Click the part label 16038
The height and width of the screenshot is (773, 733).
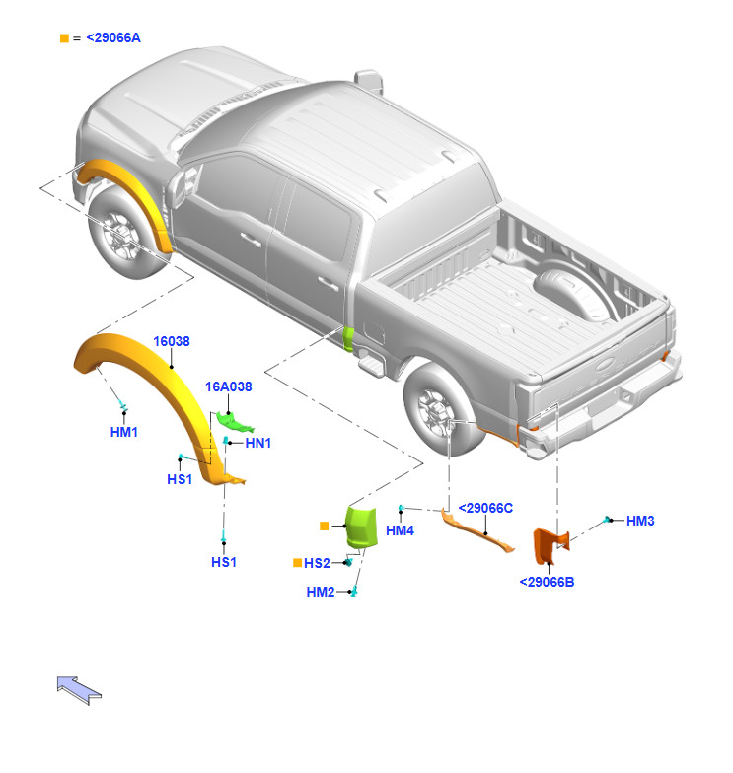point(172,341)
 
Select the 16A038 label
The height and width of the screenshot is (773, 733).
point(229,386)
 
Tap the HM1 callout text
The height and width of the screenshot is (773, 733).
point(124,432)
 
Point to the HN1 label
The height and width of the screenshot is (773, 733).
point(258,443)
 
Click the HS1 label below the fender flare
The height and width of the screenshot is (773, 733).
point(224,562)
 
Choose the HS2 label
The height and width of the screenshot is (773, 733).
point(317,563)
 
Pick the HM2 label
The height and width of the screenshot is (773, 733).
point(321,592)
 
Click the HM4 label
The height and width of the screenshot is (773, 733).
point(400,531)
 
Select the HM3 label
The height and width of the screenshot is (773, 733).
point(640,521)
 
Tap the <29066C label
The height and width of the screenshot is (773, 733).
point(486,507)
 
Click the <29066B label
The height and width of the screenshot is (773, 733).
point(547,582)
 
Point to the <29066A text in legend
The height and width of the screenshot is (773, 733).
point(113,37)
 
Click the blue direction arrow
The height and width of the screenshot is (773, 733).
point(79,688)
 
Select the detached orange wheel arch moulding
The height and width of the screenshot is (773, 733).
point(148,370)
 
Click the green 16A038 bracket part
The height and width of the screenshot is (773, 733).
point(235,422)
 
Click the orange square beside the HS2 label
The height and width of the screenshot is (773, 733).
point(297,563)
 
